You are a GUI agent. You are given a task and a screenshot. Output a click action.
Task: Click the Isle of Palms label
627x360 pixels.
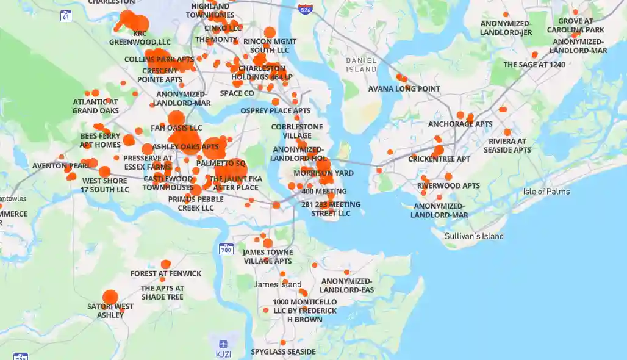(x=546, y=192)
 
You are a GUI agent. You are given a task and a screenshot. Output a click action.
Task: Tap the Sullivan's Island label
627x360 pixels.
(x=474, y=236)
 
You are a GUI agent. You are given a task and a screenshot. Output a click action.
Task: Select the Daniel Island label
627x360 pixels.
(x=361, y=65)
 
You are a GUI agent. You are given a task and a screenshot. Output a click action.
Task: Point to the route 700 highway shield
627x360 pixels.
(x=226, y=249)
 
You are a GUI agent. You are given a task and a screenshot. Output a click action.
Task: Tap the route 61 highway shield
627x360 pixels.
(x=66, y=16)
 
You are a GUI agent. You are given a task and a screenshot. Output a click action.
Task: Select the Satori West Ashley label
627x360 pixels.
(x=110, y=311)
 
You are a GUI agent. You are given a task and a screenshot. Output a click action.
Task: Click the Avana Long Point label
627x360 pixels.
(x=404, y=88)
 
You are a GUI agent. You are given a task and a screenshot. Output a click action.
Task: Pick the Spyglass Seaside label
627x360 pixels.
(x=283, y=352)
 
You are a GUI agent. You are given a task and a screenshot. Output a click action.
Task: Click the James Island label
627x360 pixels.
(x=278, y=284)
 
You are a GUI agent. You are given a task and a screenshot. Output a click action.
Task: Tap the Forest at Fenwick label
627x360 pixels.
(x=165, y=273)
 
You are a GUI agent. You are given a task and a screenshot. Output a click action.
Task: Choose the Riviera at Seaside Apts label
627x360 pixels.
(x=507, y=145)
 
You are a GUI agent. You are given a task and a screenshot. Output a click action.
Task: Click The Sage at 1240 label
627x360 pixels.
(x=534, y=64)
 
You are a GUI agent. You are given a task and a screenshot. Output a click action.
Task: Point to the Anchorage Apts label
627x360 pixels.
(x=460, y=124)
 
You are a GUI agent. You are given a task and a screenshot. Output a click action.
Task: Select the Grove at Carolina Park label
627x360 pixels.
(x=575, y=25)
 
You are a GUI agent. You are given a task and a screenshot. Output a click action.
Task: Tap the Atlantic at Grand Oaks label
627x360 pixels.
(x=96, y=106)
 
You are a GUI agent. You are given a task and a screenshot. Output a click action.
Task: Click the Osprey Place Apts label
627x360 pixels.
(x=275, y=110)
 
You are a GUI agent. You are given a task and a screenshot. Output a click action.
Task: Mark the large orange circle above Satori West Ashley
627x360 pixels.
(x=110, y=297)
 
